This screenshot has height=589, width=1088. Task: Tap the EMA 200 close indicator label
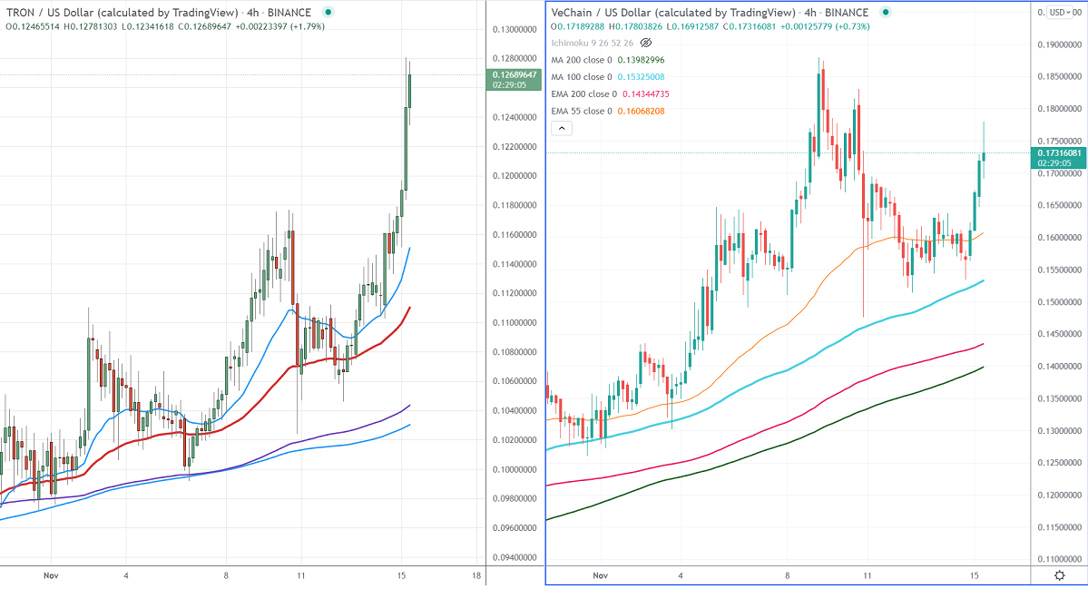pos(584,93)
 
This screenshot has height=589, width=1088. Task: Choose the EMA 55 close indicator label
pos(582,111)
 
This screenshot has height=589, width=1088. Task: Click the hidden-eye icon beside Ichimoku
pos(646,43)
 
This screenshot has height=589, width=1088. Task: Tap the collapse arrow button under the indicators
pos(562,129)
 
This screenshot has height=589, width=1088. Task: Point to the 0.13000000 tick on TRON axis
pos(514,30)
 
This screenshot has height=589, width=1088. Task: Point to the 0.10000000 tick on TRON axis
pos(514,469)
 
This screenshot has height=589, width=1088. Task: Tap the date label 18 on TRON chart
pos(476,575)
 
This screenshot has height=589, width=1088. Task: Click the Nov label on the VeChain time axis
pos(599,575)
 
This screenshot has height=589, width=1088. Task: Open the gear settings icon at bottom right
pos(1059,575)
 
